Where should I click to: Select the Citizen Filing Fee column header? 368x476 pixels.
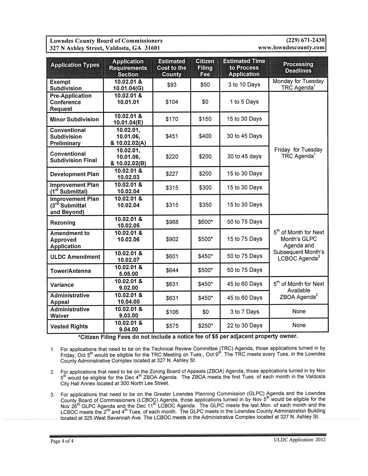[x=205, y=68]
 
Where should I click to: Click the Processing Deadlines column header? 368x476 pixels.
[x=298, y=68]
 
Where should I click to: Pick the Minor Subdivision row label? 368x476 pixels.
[x=74, y=119]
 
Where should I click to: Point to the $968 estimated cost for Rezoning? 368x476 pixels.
[x=172, y=222]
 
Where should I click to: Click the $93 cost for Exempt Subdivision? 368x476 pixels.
[x=172, y=85]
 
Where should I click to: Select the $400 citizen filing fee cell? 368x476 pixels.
[x=205, y=136]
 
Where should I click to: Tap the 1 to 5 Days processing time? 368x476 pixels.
[x=244, y=102]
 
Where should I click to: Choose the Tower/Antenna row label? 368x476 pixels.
[x=70, y=271]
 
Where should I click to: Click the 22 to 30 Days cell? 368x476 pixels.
[x=244, y=326]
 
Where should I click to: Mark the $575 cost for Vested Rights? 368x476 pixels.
[x=172, y=326]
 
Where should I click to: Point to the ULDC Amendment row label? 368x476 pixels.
[x=75, y=257]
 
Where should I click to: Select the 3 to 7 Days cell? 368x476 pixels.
[x=244, y=312]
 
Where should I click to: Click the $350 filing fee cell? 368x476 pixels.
[x=205, y=205]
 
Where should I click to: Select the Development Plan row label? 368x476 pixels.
[x=74, y=174]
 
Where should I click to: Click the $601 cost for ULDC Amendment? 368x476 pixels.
[x=172, y=256]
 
